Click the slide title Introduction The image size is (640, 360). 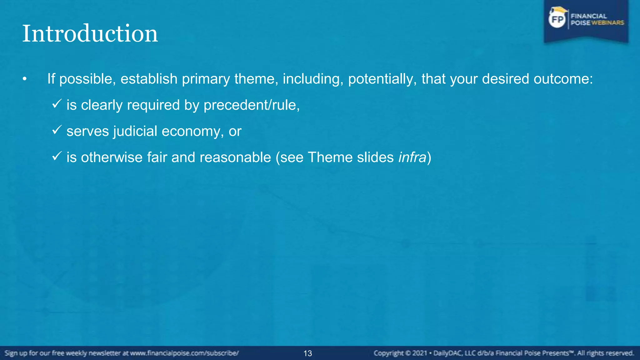coord(90,34)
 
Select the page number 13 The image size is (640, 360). coord(307,353)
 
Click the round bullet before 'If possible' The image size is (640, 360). coord(25,79)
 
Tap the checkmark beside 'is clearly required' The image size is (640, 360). coord(57,104)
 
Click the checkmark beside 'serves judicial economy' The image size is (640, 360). coord(57,130)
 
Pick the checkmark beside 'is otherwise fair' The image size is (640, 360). coord(57,156)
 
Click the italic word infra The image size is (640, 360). coord(412,157)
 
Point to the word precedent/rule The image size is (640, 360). coord(251,105)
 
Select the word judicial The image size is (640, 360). coord(135,131)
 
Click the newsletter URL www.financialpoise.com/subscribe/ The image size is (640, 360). coord(184,353)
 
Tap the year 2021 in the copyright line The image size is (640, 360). coord(420,353)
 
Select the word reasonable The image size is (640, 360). coord(235,157)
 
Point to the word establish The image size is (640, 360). coord(149,79)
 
